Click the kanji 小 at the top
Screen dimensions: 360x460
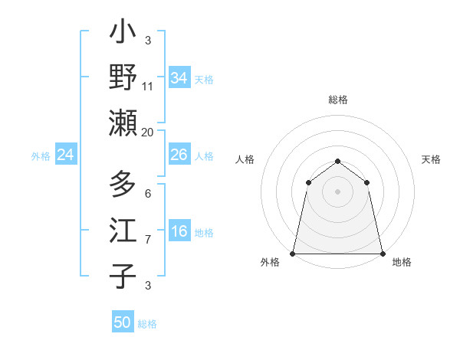pos(123,34)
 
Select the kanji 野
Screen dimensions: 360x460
pos(123,77)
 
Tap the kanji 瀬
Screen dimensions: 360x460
pos(123,122)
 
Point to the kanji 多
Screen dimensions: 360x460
pos(123,186)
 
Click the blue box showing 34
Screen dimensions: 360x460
pos(179,78)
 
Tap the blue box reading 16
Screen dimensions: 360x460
pos(179,231)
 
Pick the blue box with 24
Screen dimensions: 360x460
pos(66,155)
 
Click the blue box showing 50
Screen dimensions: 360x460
pos(123,322)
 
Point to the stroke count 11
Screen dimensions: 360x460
pos(148,87)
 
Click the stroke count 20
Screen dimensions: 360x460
pos(147,132)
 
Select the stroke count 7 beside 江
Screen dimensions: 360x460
pos(148,240)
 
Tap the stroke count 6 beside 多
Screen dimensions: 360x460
pos(147,194)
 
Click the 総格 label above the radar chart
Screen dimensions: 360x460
pos(337,100)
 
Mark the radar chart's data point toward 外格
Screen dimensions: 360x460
pos(293,253)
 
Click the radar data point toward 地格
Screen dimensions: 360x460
pos(382,253)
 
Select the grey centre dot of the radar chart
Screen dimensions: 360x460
pos(337,191)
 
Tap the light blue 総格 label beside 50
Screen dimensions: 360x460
pos(147,324)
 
